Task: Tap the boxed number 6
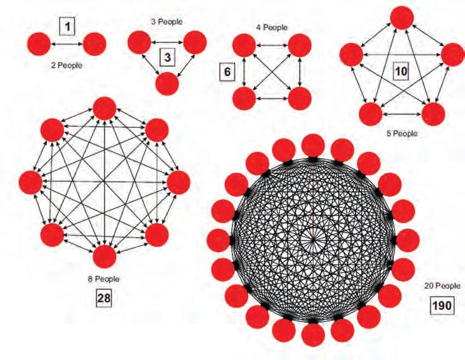point(225,72)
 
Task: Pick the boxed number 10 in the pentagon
point(400,70)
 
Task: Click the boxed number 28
point(104,298)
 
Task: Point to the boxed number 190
point(442,306)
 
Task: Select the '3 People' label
point(167,22)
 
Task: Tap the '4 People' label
point(272,27)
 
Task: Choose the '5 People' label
point(401,134)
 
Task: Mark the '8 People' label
point(104,278)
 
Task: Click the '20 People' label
point(442,286)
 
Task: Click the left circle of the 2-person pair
point(40,44)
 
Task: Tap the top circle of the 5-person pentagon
point(400,17)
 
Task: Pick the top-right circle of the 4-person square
point(300,46)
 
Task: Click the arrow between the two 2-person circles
point(67,44)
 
